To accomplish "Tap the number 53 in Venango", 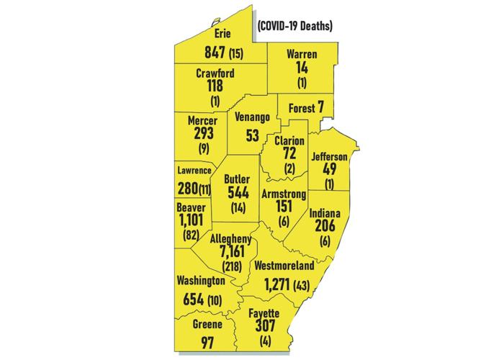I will tap(252, 137).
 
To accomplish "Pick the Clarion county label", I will tap(289, 140).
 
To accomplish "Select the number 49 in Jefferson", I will tap(330, 170).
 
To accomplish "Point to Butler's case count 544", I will tap(238, 193).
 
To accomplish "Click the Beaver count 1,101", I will tap(192, 220).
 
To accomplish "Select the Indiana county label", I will tap(325, 214).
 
